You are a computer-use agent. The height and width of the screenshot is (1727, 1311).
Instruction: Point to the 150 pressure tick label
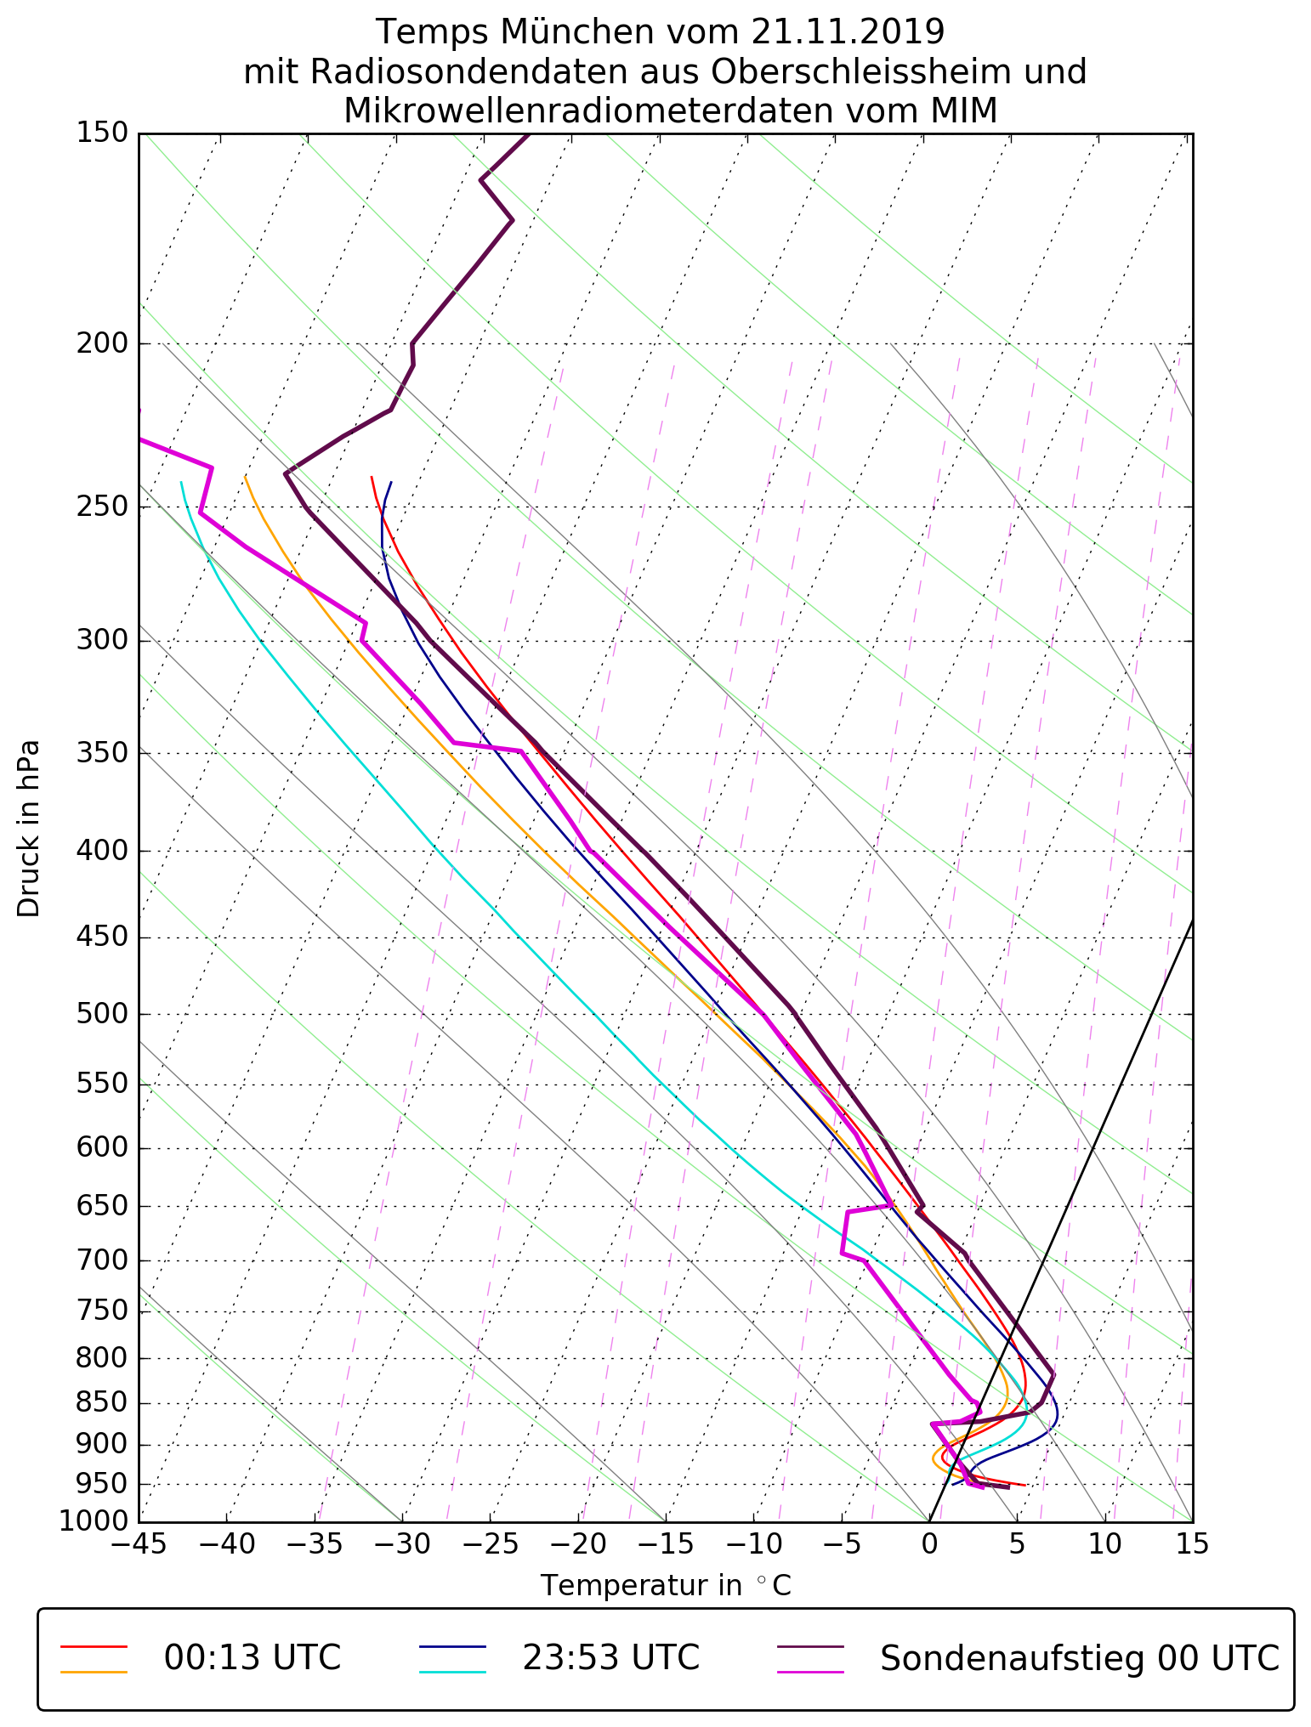pos(102,133)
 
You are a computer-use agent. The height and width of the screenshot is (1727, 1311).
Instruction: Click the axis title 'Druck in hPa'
pos(29,829)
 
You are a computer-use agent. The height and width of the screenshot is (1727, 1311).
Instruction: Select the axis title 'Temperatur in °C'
pos(666,1586)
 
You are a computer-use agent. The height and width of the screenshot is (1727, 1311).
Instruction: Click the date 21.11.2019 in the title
pos(848,32)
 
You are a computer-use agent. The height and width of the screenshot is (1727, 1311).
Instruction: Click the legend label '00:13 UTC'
pos(253,1657)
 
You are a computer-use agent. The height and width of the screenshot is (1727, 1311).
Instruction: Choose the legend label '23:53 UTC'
pos(610,1657)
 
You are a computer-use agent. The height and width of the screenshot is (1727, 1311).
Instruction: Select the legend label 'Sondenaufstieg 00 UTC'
pos(1079,1657)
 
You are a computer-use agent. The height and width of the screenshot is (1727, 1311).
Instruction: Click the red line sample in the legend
pos(94,1646)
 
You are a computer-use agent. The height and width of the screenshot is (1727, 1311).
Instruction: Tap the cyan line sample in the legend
pos(452,1672)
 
